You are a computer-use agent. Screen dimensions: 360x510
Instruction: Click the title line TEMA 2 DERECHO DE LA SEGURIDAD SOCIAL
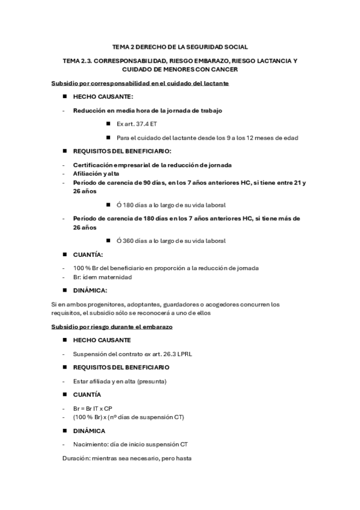pyautogui.click(x=180, y=47)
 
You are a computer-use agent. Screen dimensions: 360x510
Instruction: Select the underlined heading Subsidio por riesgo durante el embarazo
pyautogui.click(x=112, y=327)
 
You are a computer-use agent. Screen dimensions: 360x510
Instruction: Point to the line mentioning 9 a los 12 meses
pyautogui.click(x=207, y=138)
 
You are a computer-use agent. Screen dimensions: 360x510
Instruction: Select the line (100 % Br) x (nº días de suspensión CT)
pyautogui.click(x=129, y=417)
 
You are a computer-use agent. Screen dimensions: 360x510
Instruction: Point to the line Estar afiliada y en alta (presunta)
pyautogui.click(x=120, y=381)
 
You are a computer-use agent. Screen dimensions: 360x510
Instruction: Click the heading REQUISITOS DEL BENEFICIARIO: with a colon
pyautogui.click(x=122, y=151)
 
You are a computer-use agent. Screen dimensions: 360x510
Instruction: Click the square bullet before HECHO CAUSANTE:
pyautogui.click(x=64, y=97)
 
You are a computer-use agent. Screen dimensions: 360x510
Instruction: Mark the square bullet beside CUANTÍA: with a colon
pyautogui.click(x=64, y=254)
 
